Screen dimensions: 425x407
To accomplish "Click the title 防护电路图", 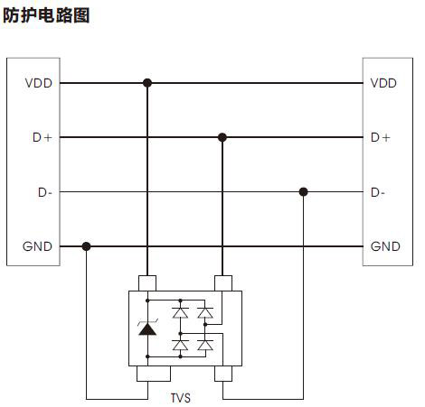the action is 46,15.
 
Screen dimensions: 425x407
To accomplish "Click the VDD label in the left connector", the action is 39,83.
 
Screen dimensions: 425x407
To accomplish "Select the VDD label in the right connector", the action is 383,83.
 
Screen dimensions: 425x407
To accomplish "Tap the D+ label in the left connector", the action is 42,137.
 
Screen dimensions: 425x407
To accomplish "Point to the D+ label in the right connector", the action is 381,137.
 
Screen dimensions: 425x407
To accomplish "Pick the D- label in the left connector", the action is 45,192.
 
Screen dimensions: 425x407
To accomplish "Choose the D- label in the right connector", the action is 378,192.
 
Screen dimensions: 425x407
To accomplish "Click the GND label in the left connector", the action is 37,246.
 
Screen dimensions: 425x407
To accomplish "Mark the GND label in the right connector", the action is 385,246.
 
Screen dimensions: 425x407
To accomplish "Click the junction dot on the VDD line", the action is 147,83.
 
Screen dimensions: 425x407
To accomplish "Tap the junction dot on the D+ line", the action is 222,137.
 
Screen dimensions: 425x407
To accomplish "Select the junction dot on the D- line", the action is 303,191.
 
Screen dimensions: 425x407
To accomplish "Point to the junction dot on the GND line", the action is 86,246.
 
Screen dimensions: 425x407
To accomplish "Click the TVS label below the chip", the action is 181,398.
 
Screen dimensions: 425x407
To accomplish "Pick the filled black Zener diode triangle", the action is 147,328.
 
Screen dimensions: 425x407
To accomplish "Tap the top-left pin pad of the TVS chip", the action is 147,283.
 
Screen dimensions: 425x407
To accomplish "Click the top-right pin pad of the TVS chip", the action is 223,283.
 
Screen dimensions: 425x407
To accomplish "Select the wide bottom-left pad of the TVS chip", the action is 154,374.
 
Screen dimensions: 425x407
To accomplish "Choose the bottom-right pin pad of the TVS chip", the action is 223,374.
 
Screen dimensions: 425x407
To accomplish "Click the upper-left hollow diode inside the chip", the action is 181,312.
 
